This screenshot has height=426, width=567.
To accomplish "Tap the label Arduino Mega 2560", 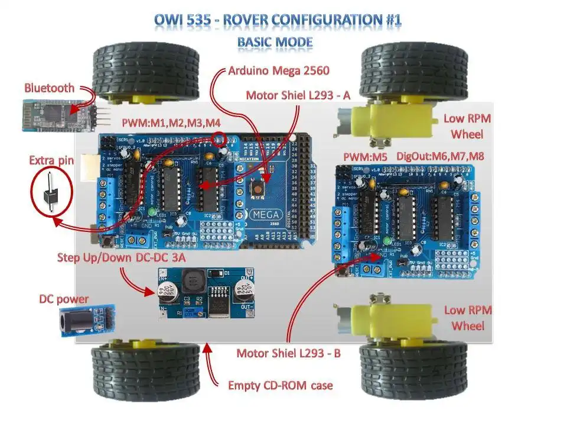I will pos(279,71).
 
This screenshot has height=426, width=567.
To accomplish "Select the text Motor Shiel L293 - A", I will pos(298,95).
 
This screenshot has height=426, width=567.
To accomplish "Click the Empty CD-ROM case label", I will pos(281,386).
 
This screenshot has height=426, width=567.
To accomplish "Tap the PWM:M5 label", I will pos(365,156).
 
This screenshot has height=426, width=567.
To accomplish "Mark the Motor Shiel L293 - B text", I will pos(288,354).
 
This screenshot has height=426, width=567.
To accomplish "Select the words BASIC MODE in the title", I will pos(275,43).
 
